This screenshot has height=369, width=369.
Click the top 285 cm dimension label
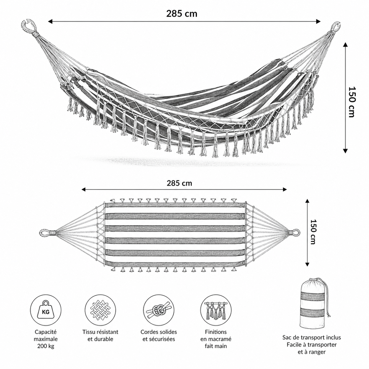coord(182,14)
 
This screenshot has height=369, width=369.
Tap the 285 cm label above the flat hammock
coord(179,183)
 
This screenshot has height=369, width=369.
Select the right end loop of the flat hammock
coord(295,232)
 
